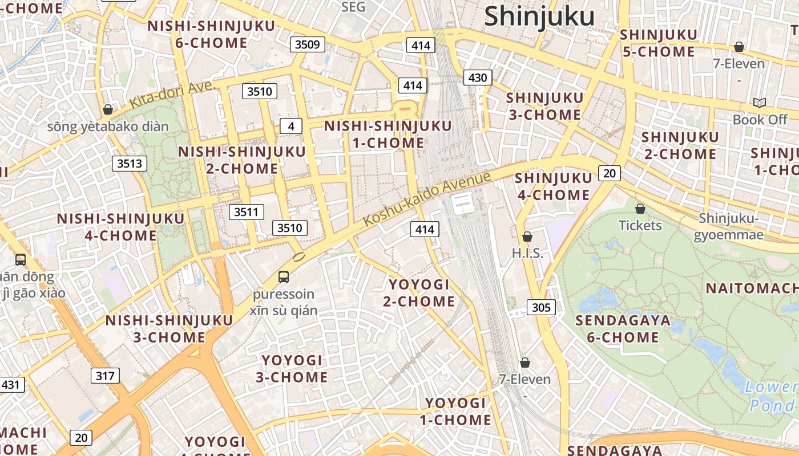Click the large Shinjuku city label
539,17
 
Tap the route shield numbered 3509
308,44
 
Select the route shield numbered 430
478,78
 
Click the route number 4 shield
291,126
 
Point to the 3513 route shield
130,164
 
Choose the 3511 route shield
247,212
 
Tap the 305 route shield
540,308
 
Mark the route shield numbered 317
105,376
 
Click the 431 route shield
11,385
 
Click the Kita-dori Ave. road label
172,95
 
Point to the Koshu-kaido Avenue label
427,198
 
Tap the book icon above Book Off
760,103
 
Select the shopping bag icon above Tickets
640,208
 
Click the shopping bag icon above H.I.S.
527,236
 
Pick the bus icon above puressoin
284,277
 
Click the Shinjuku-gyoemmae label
731,226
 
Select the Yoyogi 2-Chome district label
419,292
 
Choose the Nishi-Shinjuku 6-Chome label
211,34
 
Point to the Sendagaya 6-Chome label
623,328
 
